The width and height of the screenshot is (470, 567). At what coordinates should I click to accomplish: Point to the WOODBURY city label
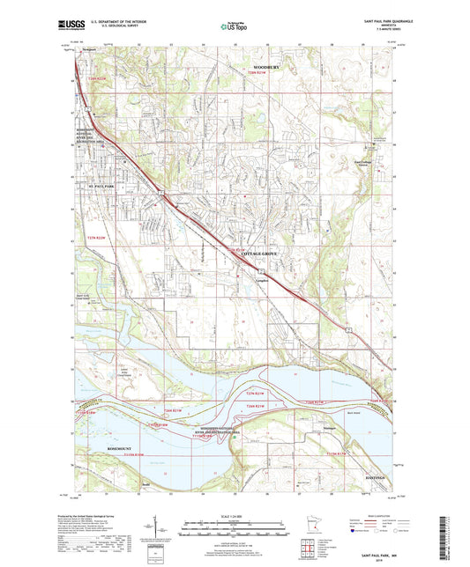click(x=266, y=68)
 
